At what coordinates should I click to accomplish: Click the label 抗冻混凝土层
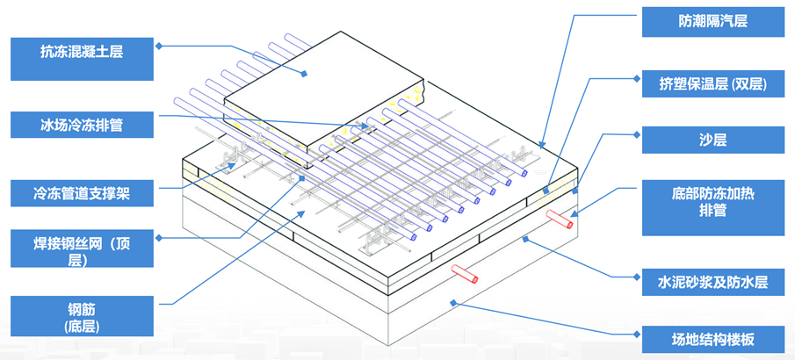pos(81,53)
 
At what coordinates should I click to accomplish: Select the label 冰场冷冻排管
pos(81,125)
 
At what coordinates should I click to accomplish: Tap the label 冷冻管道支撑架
pos(81,191)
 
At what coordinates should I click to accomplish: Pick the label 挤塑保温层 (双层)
pos(712,84)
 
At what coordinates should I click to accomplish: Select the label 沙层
pos(712,140)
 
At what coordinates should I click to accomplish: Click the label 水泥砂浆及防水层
pos(712,282)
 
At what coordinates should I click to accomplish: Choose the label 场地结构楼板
pos(712,338)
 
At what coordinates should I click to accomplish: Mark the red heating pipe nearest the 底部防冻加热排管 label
pos(559,216)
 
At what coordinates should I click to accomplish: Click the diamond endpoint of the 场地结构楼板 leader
pos(452,302)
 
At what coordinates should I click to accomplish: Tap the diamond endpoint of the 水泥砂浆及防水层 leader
pos(524,237)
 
